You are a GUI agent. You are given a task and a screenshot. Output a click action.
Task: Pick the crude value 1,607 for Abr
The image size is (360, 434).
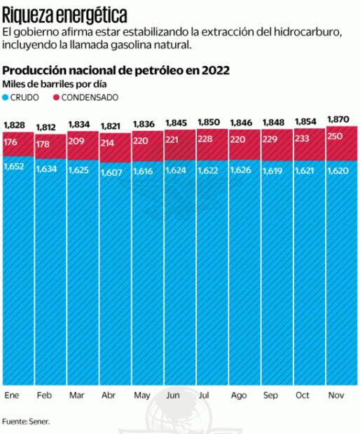112,171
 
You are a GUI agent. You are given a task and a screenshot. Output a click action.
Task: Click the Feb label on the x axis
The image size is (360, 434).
43,396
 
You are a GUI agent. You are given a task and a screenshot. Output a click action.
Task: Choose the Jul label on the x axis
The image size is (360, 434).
204,396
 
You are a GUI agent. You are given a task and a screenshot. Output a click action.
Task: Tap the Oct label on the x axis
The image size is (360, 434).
303,396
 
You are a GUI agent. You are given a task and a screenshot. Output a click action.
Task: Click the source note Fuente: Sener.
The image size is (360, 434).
27,421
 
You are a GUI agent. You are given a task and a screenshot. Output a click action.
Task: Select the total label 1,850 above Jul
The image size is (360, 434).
209,122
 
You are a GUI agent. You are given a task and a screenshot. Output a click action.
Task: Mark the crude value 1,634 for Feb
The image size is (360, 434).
47,169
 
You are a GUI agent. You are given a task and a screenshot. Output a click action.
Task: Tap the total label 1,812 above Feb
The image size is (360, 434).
47,127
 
